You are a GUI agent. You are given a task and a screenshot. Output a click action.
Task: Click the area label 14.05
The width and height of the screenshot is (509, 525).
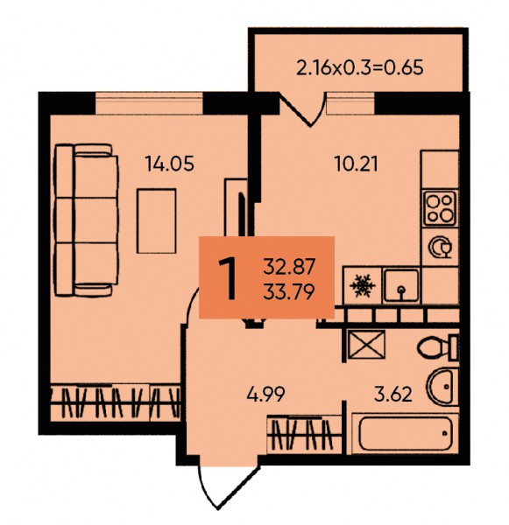point(169,164)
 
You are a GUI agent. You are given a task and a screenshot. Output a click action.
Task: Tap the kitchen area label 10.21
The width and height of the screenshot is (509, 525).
point(357,164)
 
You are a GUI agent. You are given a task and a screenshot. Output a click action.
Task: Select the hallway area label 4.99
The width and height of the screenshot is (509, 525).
point(266,394)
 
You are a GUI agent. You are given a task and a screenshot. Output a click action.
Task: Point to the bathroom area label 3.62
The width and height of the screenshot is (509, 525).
point(393,394)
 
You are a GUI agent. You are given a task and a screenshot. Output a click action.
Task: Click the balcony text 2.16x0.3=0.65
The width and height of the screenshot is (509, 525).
point(360,67)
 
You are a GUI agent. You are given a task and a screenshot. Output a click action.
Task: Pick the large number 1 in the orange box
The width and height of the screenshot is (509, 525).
point(228,279)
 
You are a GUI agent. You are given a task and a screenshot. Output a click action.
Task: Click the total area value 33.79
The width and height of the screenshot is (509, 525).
point(289,291)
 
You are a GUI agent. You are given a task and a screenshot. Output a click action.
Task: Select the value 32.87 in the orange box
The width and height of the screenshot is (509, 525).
point(289,267)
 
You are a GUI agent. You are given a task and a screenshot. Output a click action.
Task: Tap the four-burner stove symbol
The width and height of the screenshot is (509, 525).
point(440,208)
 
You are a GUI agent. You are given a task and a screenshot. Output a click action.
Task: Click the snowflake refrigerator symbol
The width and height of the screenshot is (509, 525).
point(363,285)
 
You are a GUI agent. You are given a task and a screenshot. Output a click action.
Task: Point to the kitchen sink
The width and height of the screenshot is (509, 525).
point(401,285)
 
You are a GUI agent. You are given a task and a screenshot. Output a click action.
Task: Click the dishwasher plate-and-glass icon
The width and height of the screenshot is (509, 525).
point(441,247)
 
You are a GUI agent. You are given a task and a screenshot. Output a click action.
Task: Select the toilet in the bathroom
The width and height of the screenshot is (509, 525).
point(438,348)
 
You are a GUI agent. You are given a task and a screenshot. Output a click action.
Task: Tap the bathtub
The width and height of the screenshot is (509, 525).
point(406,434)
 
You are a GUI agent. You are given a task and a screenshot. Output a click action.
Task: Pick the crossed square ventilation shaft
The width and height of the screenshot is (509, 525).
point(366,345)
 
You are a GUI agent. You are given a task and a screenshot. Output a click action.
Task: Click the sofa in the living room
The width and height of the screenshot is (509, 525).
point(87,220)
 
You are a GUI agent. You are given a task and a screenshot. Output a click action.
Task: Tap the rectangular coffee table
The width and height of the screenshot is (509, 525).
point(156,221)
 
